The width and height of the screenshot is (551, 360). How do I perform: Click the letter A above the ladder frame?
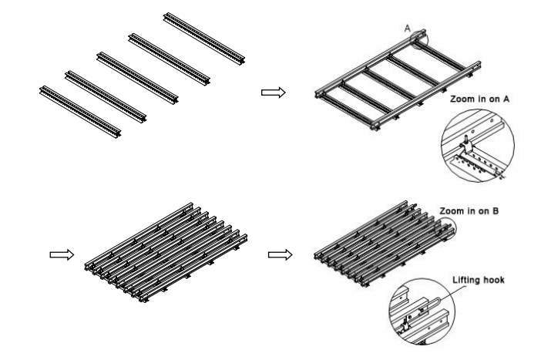[x=407, y=28]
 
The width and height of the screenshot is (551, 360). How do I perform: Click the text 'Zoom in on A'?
[x=479, y=99]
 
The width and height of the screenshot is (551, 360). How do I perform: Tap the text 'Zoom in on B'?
[x=469, y=211]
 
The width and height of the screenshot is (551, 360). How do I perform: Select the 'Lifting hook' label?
[x=479, y=280]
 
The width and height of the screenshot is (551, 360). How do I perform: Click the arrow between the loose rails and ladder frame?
[x=274, y=93]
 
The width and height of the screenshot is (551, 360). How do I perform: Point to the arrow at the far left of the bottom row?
[x=62, y=254]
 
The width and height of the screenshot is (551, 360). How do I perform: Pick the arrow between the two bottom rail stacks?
[x=280, y=254]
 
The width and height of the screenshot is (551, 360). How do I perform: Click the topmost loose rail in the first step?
[x=204, y=38]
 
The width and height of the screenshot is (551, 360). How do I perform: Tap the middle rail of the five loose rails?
[x=137, y=78]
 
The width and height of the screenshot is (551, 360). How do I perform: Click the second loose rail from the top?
[x=169, y=59]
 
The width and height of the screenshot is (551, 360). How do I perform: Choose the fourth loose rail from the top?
[x=106, y=96]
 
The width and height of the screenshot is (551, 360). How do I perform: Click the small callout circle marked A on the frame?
[x=420, y=39]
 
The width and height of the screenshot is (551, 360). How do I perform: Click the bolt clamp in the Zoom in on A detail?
[x=465, y=145]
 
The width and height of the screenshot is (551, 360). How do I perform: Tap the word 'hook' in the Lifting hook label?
[x=494, y=280]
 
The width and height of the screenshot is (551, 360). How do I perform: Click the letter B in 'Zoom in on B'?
[x=496, y=211]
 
